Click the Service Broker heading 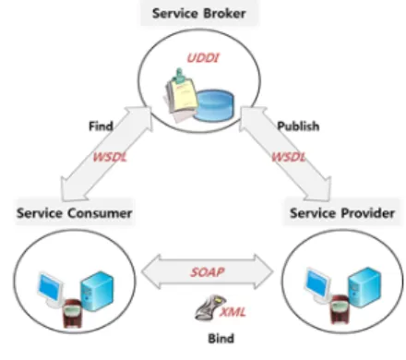pyautogui.click(x=199, y=14)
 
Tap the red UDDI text pyautogui.click(x=203, y=58)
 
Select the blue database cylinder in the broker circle pyautogui.click(x=214, y=105)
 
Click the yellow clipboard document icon pyautogui.click(x=182, y=95)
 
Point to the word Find pyautogui.click(x=101, y=126)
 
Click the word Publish pyautogui.click(x=298, y=126)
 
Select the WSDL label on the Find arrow pyautogui.click(x=110, y=157)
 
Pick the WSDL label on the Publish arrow pyautogui.click(x=289, y=157)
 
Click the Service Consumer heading pyautogui.click(x=75, y=213)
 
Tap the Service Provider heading pyautogui.click(x=342, y=213)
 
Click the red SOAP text pyautogui.click(x=208, y=272)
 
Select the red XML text pyautogui.click(x=233, y=312)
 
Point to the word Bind pyautogui.click(x=221, y=339)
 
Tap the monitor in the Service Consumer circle pyautogui.click(x=50, y=289)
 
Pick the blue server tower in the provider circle pyautogui.click(x=364, y=287)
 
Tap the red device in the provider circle pyautogui.click(x=340, y=309)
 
